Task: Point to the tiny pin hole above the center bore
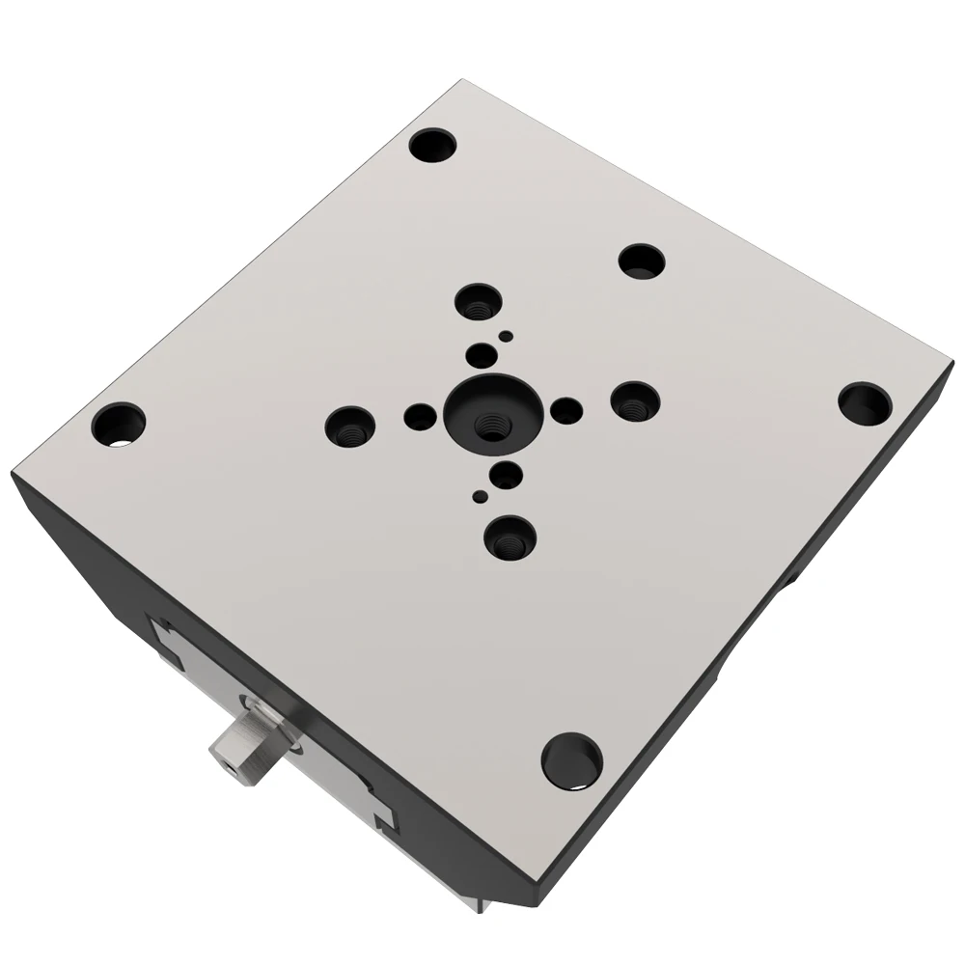504,335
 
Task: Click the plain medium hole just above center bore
480,354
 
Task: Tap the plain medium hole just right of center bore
566,411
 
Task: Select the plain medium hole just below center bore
506,474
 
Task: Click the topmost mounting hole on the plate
432,149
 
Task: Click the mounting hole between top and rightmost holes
643,261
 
